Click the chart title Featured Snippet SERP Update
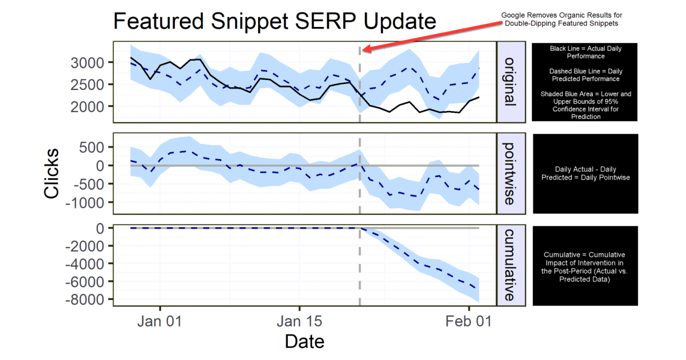point(274,21)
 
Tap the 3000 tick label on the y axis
point(87,63)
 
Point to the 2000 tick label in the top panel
point(87,107)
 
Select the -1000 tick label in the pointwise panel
point(85,203)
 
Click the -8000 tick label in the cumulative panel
point(85,300)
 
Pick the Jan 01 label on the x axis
point(159,321)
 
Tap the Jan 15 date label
point(299,321)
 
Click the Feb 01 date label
point(468,321)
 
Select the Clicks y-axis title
point(51,174)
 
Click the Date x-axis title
point(304,342)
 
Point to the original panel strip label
point(510,82)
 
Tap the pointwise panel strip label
point(510,174)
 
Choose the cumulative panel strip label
point(510,265)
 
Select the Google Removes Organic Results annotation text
point(561,19)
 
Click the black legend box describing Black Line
point(585,82)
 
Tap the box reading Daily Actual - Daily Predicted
point(585,174)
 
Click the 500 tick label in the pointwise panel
point(92,147)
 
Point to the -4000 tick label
point(85,264)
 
